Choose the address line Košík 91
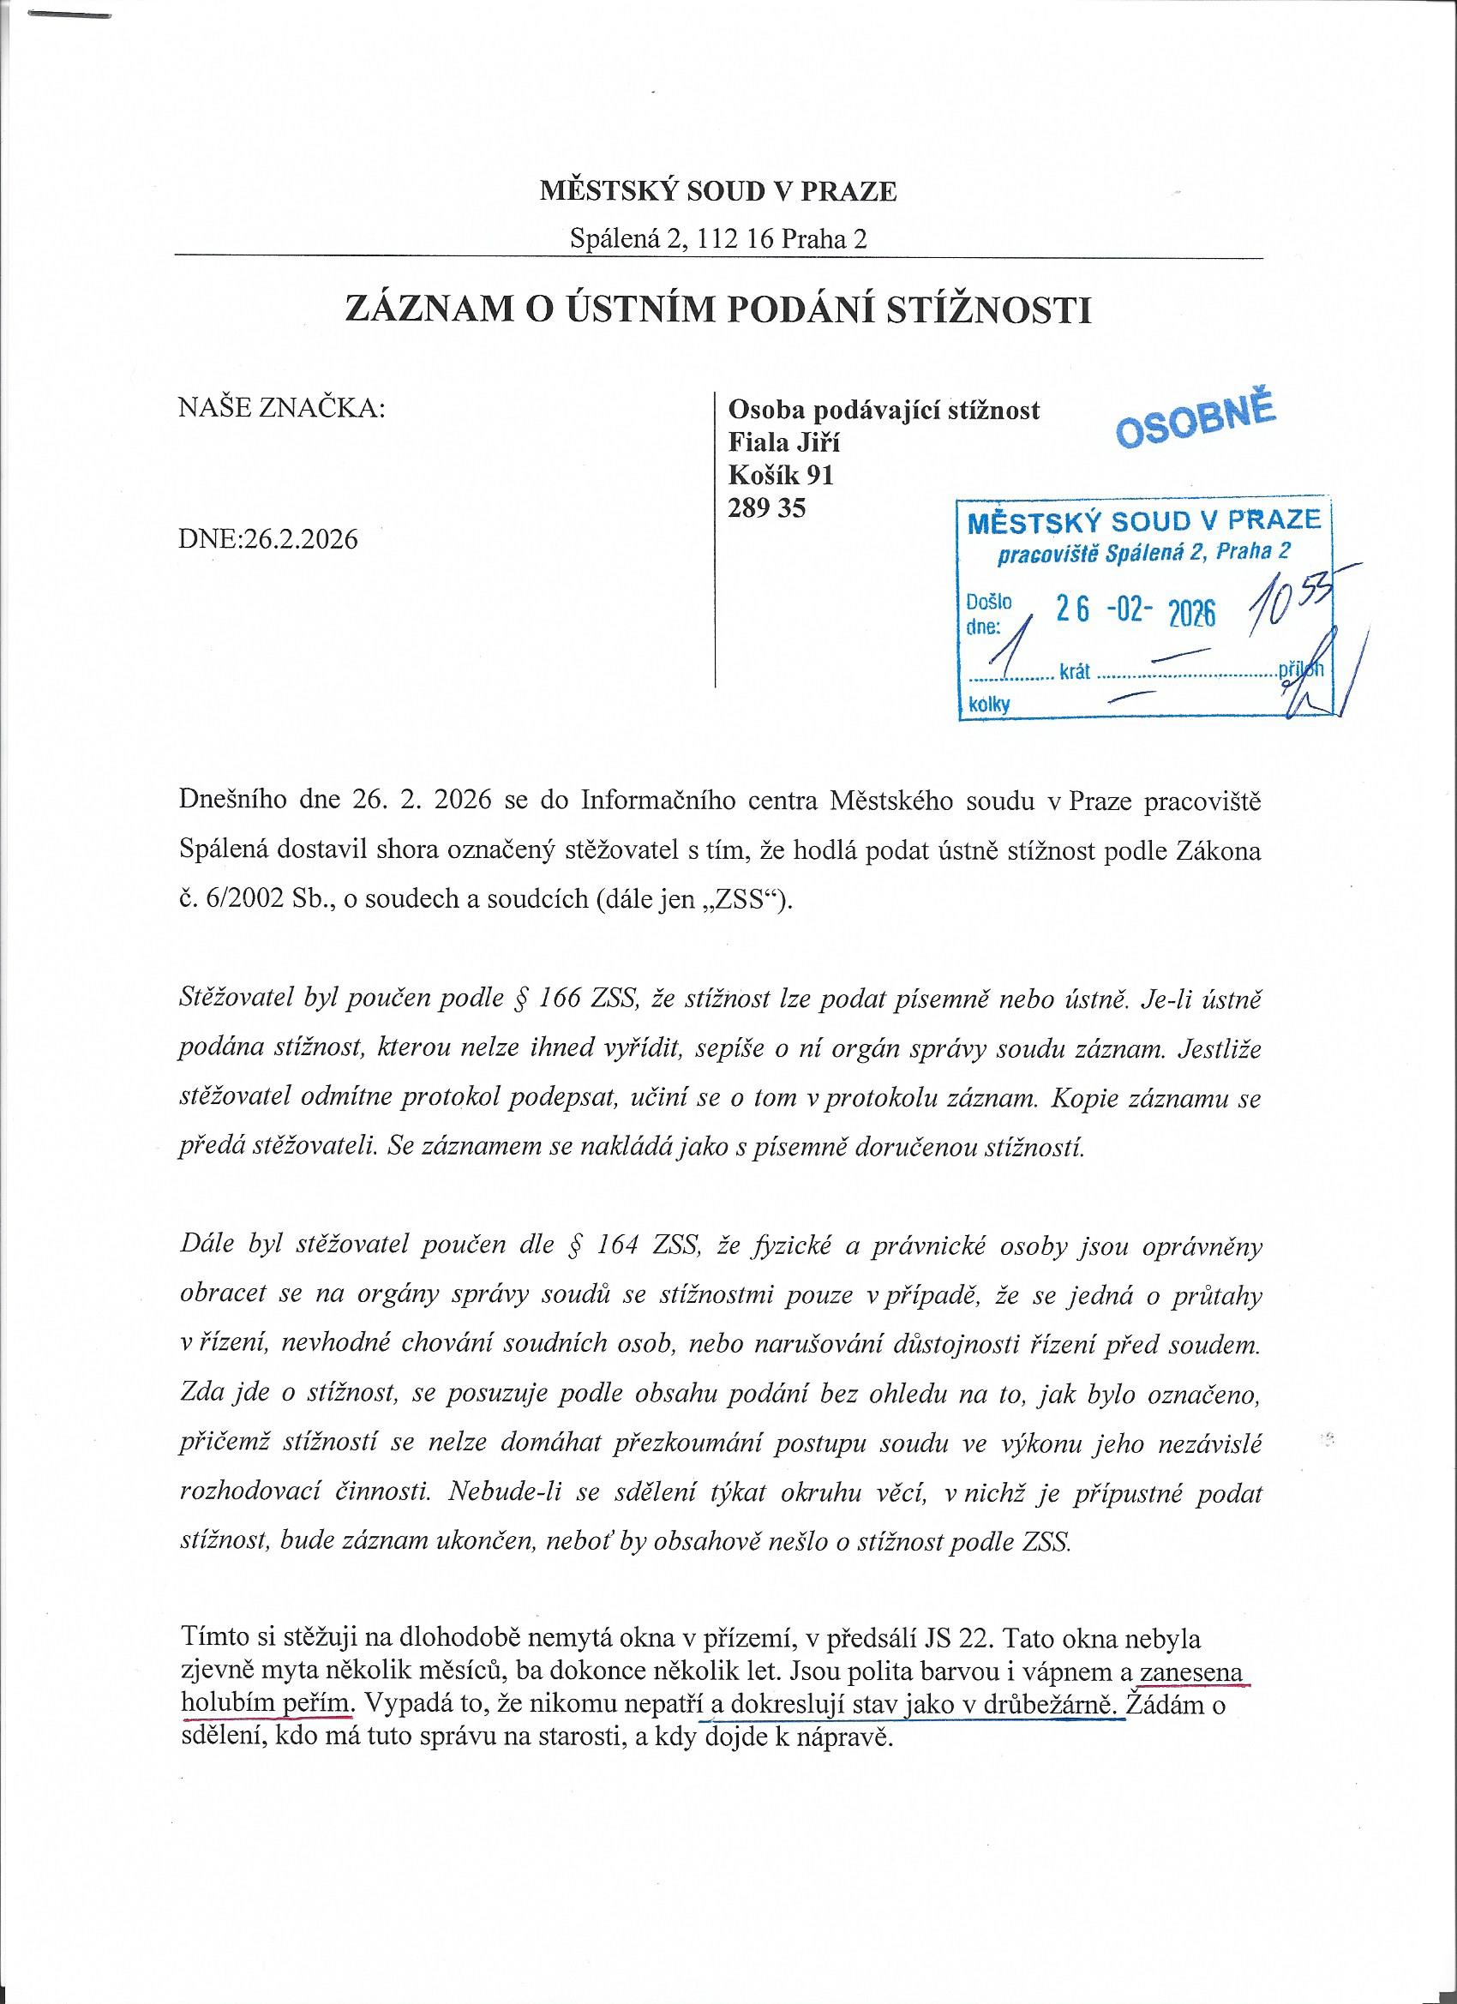(x=780, y=476)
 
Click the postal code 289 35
(x=766, y=508)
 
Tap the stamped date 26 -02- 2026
(x=1136, y=611)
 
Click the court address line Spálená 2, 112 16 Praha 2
(x=717, y=238)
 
